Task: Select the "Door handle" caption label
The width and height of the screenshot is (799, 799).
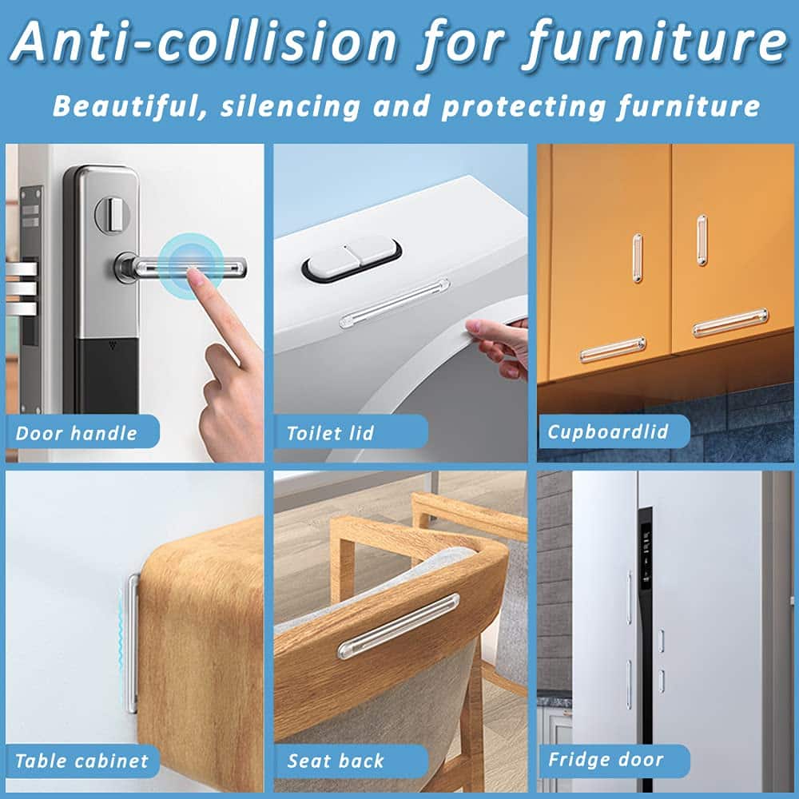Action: (77, 433)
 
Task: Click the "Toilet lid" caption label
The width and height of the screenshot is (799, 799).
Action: (330, 433)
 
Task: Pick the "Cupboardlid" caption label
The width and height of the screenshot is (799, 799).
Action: (607, 432)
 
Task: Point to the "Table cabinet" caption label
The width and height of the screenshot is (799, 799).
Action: (81, 761)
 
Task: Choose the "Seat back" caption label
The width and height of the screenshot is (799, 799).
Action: (336, 761)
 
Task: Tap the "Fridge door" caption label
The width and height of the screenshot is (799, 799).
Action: (606, 759)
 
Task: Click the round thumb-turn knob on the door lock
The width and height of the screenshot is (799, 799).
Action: (112, 214)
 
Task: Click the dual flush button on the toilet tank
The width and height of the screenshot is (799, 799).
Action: (352, 259)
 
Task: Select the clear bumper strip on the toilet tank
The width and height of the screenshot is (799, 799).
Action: (395, 303)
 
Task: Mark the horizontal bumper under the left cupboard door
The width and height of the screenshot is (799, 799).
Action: (613, 350)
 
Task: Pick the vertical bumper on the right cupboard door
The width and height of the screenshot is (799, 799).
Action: (702, 240)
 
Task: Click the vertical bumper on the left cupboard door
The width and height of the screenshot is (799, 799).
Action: (638, 258)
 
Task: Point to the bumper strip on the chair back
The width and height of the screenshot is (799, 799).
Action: (399, 626)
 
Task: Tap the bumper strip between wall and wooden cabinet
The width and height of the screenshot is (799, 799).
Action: (132, 643)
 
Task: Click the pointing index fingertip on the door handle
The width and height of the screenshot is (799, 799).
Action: (193, 275)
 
